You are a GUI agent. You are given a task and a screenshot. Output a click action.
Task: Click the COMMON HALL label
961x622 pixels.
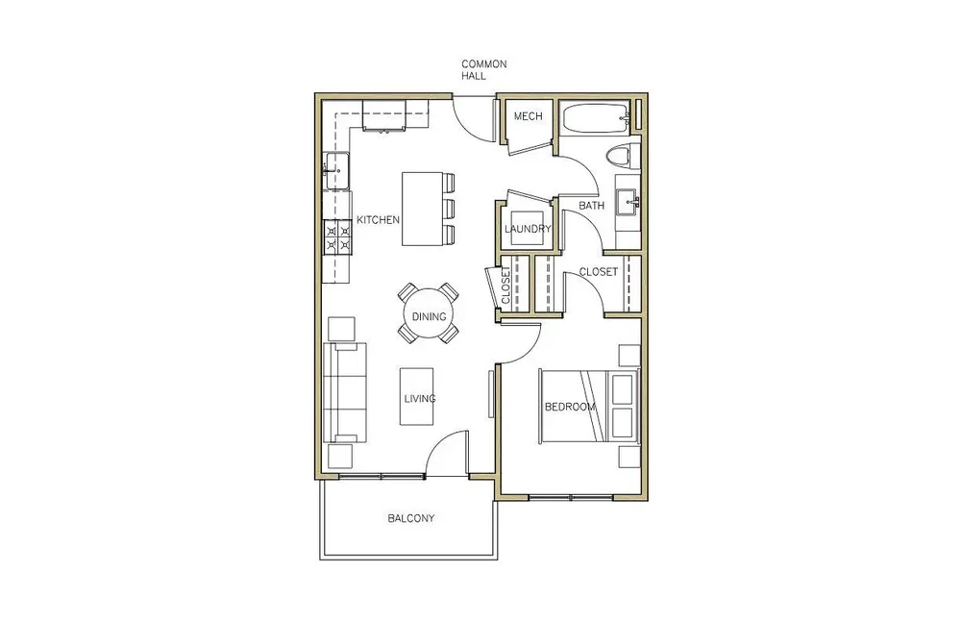pos(483,70)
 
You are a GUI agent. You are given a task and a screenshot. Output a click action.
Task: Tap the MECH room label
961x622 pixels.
pos(528,116)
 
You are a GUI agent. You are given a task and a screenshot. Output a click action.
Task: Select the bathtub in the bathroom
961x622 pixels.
pos(596,119)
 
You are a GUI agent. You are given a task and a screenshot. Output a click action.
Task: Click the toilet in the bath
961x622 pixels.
pos(620,156)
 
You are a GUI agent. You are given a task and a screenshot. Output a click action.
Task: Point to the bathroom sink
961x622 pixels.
pos(627,199)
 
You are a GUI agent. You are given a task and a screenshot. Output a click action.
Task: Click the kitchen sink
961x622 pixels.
pos(335,171)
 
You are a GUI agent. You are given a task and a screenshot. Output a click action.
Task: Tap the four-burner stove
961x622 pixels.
pos(336,237)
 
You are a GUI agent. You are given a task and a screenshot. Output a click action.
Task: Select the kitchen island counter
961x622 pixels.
pos(422,209)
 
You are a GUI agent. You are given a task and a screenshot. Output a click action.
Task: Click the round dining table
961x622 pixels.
pos(429,316)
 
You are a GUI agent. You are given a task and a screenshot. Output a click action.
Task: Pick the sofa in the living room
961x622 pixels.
pos(344,392)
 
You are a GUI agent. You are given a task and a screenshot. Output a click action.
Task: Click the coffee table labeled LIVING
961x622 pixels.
pos(417,396)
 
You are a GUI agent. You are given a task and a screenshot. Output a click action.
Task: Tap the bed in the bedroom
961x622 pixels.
pos(589,406)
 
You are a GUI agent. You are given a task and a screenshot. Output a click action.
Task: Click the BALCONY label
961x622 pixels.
pos(411,518)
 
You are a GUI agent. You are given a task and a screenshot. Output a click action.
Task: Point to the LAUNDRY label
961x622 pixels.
pos(528,229)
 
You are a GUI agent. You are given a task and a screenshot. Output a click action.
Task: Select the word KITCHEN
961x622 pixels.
pos(378,219)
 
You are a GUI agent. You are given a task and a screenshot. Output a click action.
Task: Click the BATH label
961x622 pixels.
pos(591,206)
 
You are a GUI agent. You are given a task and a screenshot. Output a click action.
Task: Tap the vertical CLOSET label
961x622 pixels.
pos(506,286)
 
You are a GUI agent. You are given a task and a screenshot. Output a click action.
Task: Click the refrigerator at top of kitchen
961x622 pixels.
pos(384,116)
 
